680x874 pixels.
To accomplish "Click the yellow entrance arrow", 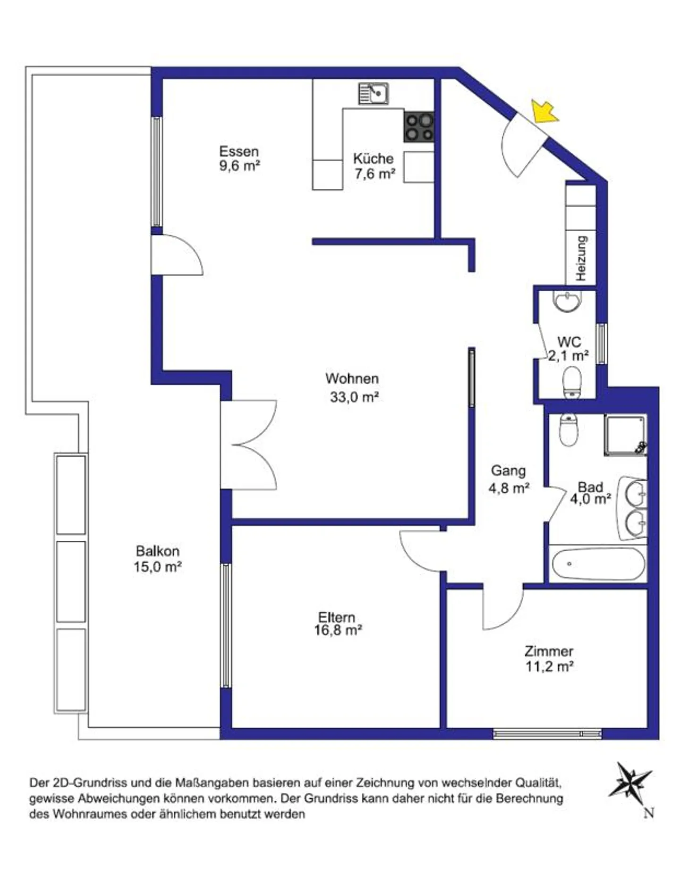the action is click(545, 111).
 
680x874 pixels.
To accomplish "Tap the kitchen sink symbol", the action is click(373, 93).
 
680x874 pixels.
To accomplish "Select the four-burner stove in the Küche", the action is click(419, 127).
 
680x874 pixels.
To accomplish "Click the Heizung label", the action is click(581, 258).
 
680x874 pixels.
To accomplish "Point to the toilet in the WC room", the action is click(572, 382).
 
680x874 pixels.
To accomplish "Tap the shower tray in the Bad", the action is click(625, 435).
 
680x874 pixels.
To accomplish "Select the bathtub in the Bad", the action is click(598, 563).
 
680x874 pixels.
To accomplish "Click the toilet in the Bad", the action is click(568, 429).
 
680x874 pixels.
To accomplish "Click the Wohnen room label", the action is click(352, 378).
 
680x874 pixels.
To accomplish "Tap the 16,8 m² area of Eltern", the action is click(338, 630).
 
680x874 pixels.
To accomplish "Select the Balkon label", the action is click(157, 551).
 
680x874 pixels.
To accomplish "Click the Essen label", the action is click(239, 151).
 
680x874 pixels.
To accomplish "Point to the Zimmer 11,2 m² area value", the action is click(549, 666).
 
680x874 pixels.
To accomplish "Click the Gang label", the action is click(508, 471).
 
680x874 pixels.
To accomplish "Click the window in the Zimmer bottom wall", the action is click(547, 733).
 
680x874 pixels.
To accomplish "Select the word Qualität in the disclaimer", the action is click(538, 783).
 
